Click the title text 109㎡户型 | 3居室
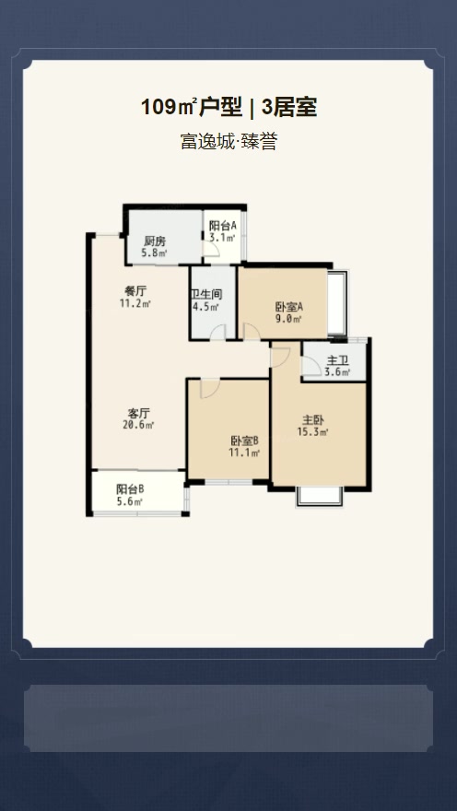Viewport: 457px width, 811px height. click(x=228, y=108)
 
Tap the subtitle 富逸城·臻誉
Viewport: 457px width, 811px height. click(x=228, y=142)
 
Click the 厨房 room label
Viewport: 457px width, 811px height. click(x=154, y=241)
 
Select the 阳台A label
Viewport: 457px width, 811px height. click(x=222, y=226)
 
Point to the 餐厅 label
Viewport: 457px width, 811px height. click(x=135, y=290)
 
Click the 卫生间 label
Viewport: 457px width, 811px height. click(x=206, y=296)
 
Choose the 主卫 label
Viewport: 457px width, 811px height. click(x=338, y=360)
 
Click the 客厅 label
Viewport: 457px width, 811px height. click(x=140, y=413)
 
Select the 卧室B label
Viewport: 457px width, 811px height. click(x=244, y=441)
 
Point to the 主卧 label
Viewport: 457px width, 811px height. click(x=314, y=419)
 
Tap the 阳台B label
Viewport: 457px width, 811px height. click(x=130, y=489)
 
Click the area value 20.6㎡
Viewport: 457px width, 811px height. click(x=140, y=425)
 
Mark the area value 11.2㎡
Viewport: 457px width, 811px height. click(x=135, y=302)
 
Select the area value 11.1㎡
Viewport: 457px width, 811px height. click(x=244, y=453)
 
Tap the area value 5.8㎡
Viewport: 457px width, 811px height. click(x=154, y=253)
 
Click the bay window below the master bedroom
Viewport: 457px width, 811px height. click(x=320, y=495)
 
